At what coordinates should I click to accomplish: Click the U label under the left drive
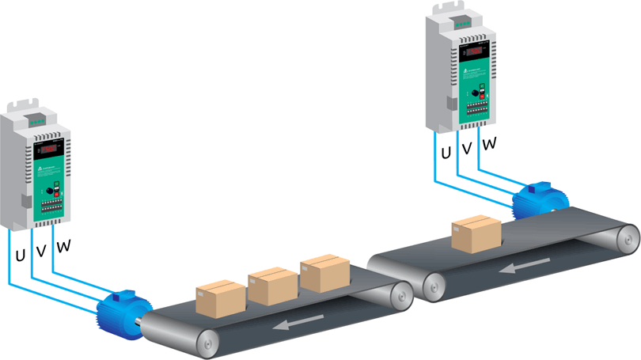19,256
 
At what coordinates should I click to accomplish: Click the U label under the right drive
446,153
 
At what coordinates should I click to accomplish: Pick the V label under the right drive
467,149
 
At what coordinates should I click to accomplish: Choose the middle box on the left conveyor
272,284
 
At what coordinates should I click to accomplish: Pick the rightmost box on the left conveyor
324,272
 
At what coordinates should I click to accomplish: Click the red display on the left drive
50,148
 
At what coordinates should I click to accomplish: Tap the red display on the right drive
476,53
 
